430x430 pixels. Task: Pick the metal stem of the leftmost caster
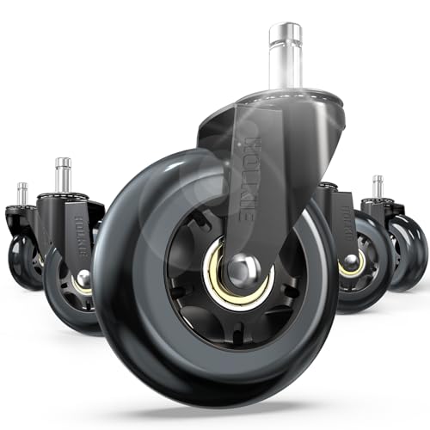click(21, 193)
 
